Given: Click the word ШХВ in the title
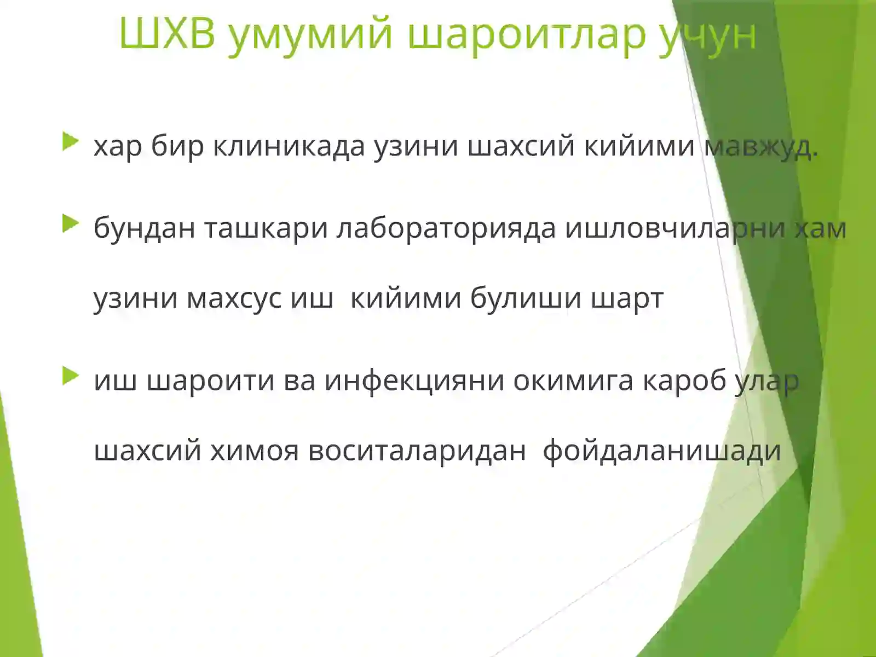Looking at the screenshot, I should (168, 34).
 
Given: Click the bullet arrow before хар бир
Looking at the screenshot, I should (71, 142).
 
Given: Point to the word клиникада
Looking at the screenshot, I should (289, 147).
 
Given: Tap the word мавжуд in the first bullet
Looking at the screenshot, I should (760, 147).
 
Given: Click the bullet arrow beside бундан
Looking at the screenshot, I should (71, 223).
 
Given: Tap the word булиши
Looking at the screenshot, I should (526, 299).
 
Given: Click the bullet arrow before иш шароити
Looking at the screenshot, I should (71, 376).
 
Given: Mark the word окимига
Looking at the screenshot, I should (573, 381).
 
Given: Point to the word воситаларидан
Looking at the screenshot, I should (417, 451).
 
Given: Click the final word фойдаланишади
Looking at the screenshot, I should (661, 451).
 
